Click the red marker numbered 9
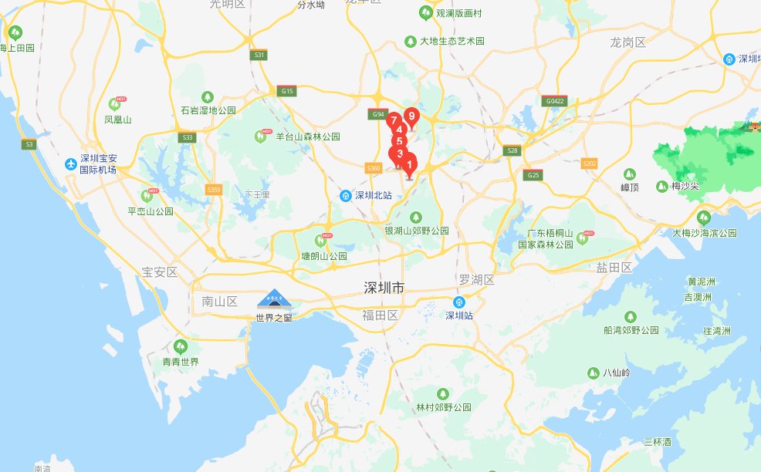(x=411, y=117)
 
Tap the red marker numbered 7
(x=393, y=120)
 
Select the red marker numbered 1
(x=409, y=164)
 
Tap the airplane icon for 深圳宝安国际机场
(x=71, y=164)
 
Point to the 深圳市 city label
(x=384, y=288)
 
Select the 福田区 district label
(x=380, y=315)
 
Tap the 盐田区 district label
(x=614, y=268)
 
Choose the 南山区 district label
(x=219, y=301)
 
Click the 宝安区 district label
(x=160, y=272)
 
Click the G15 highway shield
(x=288, y=91)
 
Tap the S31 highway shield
(x=259, y=55)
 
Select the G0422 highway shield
(x=555, y=101)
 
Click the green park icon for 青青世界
(x=181, y=346)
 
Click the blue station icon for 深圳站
(x=459, y=302)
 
